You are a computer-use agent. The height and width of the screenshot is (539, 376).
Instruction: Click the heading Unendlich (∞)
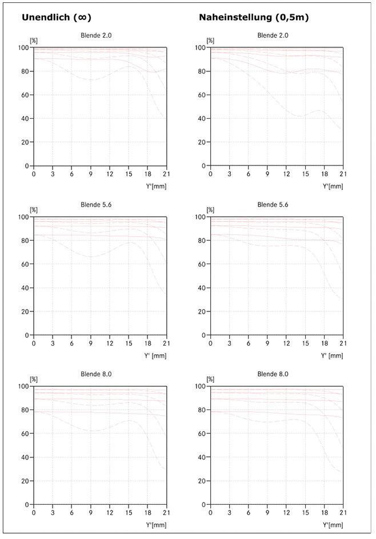pos(57,17)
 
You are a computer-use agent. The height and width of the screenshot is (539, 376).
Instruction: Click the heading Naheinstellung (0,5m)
pos(254,17)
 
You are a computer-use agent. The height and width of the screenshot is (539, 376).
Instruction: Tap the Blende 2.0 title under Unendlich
pos(96,35)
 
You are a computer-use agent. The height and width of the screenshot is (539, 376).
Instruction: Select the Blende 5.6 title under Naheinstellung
pos(273,205)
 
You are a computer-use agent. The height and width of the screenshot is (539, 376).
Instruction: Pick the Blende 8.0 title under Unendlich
pos(96,374)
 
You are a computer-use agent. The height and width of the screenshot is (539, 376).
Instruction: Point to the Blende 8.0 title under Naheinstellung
pos(273,374)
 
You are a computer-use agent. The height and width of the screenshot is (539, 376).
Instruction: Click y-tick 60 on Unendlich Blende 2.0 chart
pos(25,95)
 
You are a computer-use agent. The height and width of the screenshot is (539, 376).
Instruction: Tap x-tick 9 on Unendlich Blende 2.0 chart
pos(90,174)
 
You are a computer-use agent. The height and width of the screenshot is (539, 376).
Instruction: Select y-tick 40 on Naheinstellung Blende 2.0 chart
pos(201,119)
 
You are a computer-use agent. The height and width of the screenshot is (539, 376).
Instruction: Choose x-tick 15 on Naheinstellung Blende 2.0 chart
pos(305,174)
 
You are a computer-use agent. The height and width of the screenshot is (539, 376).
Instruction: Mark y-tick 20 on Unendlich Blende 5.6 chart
pos(25,312)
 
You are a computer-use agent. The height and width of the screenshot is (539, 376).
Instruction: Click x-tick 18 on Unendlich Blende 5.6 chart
pos(147,343)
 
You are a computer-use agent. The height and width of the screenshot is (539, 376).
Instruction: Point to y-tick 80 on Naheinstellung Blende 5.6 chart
pos(201,241)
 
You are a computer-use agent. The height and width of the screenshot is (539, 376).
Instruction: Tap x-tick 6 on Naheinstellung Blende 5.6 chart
pos(248,343)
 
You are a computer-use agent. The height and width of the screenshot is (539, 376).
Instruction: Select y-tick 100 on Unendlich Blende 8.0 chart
pos(23,386)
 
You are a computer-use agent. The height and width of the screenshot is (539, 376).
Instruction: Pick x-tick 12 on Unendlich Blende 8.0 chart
pos(110,513)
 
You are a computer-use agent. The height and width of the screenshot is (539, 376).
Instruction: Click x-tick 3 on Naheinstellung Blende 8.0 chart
pos(229,513)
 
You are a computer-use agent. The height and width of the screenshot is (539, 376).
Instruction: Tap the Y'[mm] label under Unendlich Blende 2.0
pos(156,187)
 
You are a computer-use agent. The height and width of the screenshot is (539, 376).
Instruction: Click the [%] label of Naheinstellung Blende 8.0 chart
pos(210,379)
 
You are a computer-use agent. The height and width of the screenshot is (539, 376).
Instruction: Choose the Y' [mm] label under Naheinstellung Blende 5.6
pos(332,356)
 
